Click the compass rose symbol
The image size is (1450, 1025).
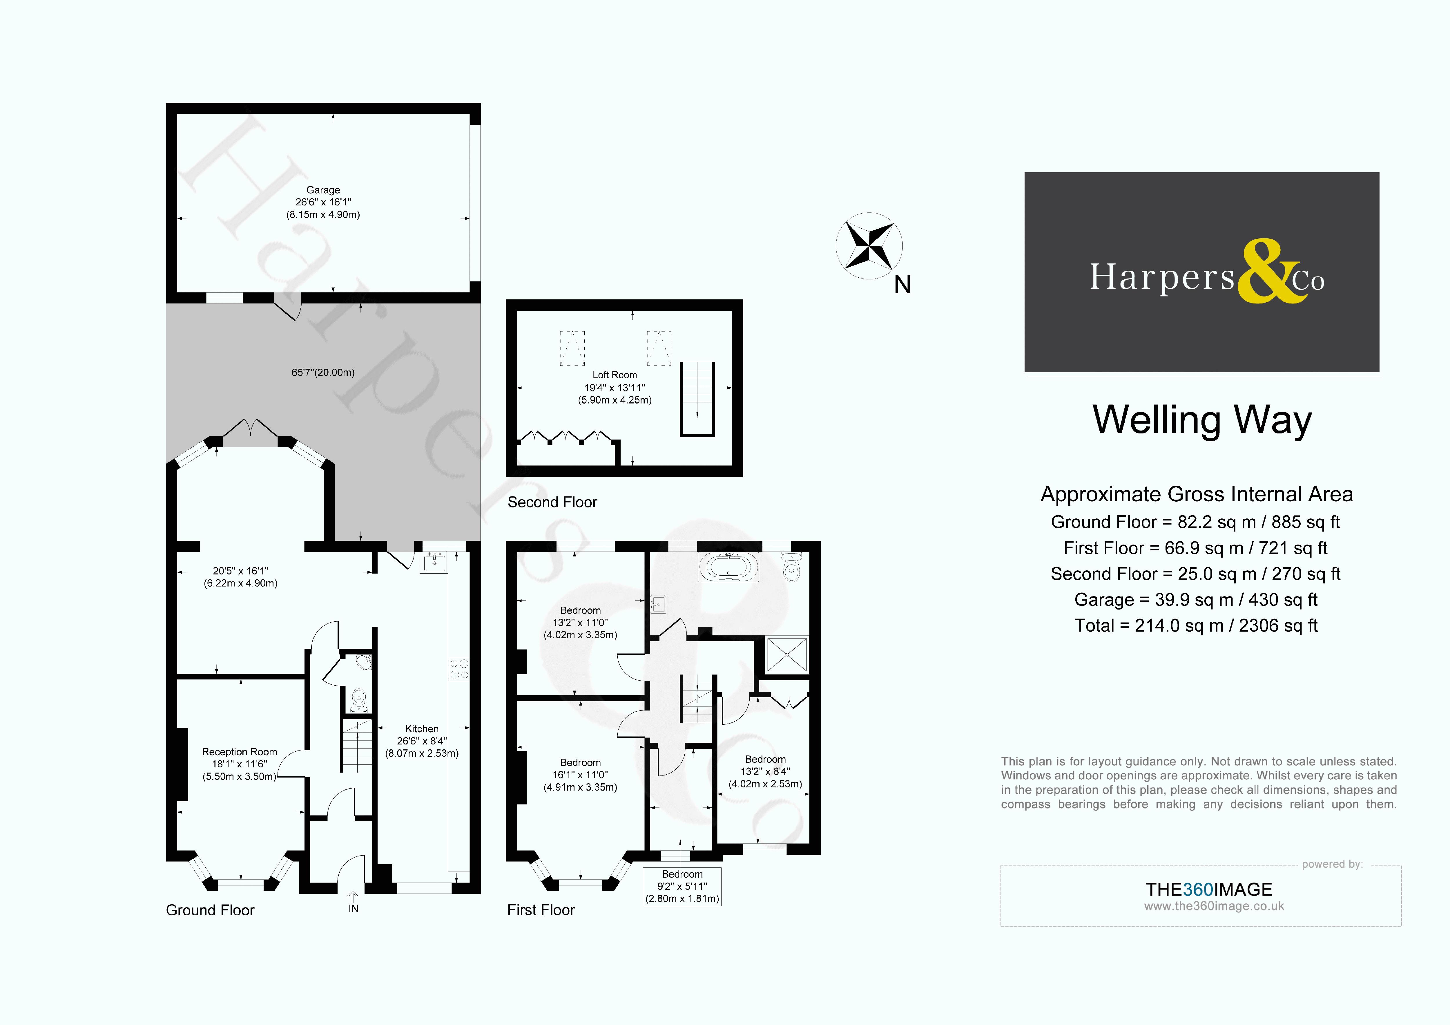[x=869, y=246]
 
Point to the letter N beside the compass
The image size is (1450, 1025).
[x=902, y=285]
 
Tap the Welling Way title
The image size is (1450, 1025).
[x=1202, y=420]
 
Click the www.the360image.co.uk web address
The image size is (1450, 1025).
[x=1213, y=906]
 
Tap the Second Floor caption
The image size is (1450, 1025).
[x=552, y=502]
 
